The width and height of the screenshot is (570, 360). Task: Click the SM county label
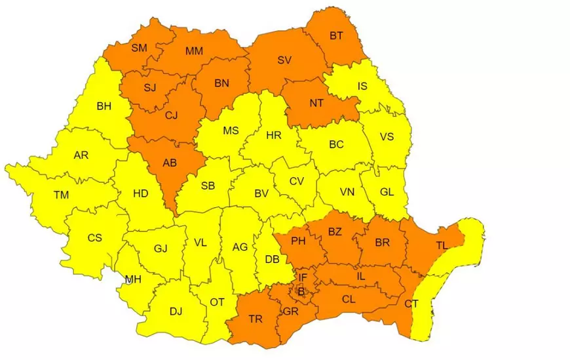140,47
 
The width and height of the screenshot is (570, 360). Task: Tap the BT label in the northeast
336,36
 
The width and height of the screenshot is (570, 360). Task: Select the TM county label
61,195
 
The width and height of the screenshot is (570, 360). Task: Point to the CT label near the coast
411,304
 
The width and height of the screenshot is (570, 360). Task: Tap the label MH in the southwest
133,279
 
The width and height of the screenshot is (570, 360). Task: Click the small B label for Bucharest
301,292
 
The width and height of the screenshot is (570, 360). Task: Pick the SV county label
284,60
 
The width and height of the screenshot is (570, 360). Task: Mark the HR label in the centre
274,136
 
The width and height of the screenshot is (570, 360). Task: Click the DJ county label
176,311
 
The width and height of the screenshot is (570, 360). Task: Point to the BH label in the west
104,106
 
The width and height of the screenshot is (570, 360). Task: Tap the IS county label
362,86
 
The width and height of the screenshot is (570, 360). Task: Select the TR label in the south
256,319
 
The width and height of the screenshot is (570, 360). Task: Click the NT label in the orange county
316,103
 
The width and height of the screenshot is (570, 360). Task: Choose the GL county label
387,192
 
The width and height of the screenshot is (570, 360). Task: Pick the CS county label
95,237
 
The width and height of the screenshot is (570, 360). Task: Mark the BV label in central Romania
261,193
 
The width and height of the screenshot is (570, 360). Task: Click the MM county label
194,50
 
